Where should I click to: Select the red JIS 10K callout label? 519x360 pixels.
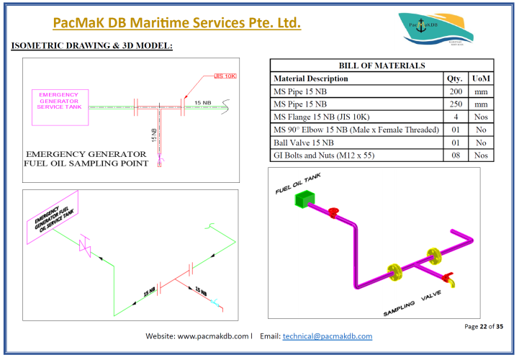click(x=225, y=76)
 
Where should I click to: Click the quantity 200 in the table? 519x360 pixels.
click(x=455, y=91)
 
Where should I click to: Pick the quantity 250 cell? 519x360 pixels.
click(x=455, y=104)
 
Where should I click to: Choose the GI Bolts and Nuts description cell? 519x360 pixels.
click(x=328, y=155)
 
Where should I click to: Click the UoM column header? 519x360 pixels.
click(x=480, y=78)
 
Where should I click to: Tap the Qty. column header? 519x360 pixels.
click(x=455, y=78)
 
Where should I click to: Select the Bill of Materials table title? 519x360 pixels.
click(x=381, y=66)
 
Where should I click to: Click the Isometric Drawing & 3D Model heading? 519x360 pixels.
click(x=92, y=46)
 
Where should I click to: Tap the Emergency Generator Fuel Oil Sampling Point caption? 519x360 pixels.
click(x=86, y=158)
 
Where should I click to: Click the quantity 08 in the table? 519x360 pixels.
click(x=455, y=155)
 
